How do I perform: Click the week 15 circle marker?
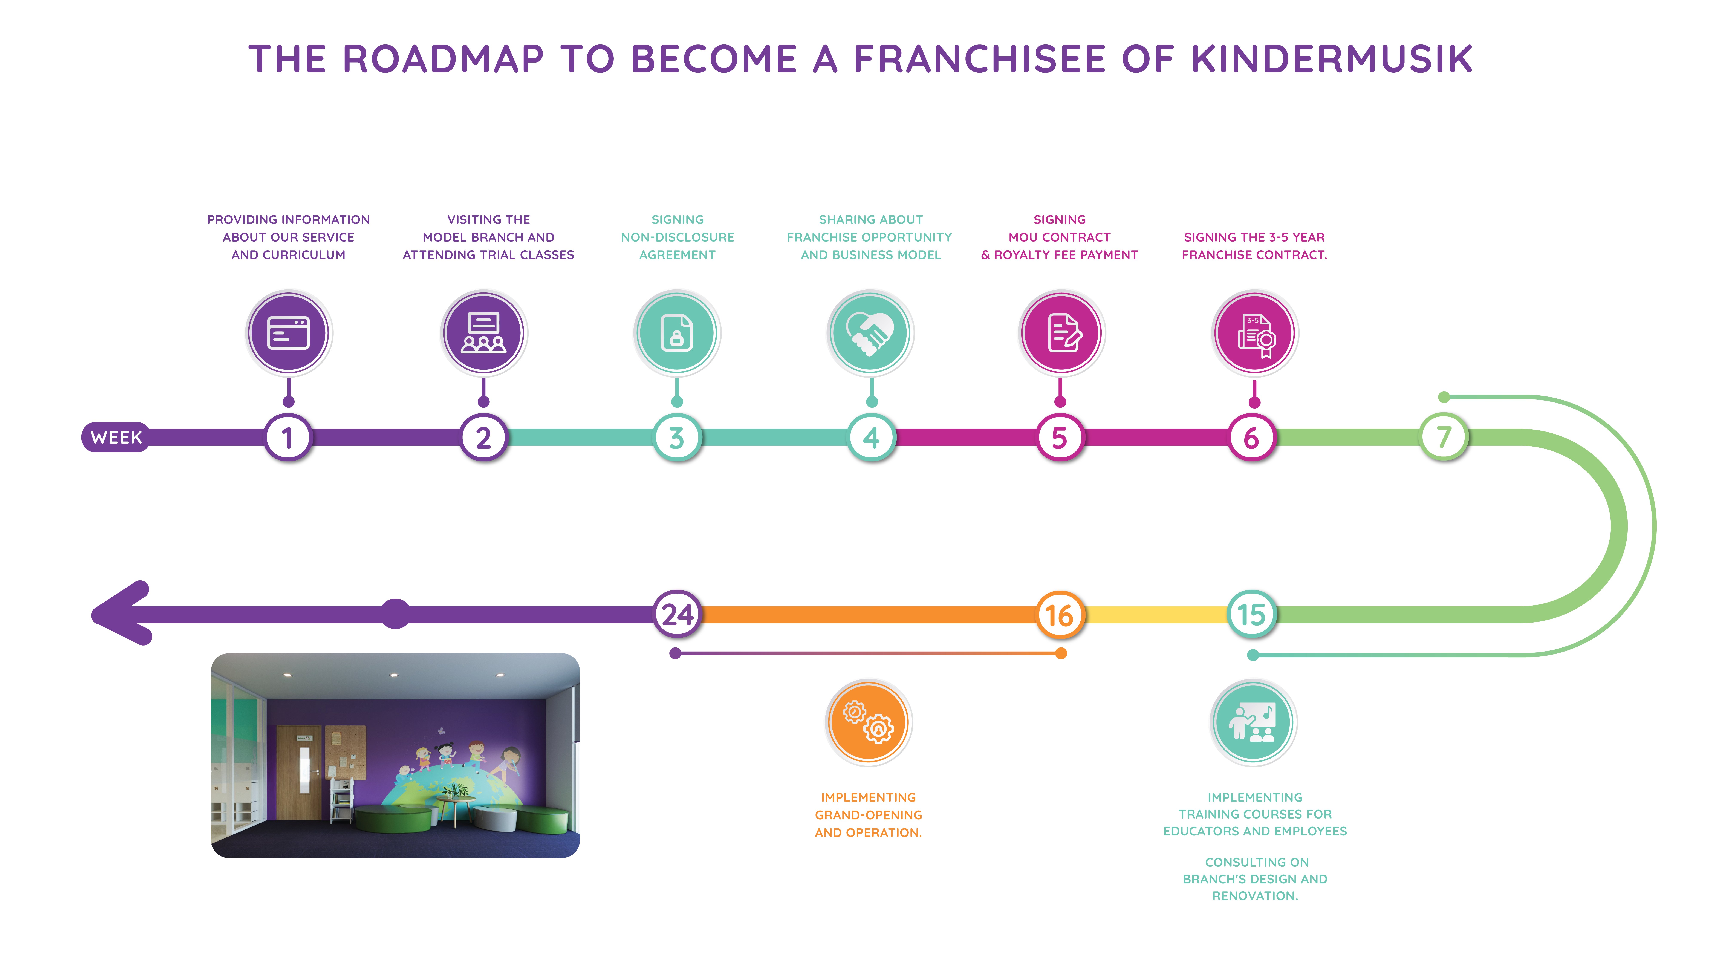click(x=1252, y=614)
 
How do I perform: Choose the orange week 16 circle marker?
click(x=1060, y=614)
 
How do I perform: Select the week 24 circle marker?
click(x=677, y=614)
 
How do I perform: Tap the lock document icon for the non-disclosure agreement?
click(x=677, y=332)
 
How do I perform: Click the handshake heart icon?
click(x=870, y=332)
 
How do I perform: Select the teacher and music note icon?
click(x=1253, y=722)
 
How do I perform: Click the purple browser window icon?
click(x=288, y=332)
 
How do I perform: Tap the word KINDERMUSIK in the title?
click(x=1332, y=59)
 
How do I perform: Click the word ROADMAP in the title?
click(x=443, y=59)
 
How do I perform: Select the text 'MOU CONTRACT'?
click(x=1060, y=237)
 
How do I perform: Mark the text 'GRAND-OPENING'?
click(x=868, y=815)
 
